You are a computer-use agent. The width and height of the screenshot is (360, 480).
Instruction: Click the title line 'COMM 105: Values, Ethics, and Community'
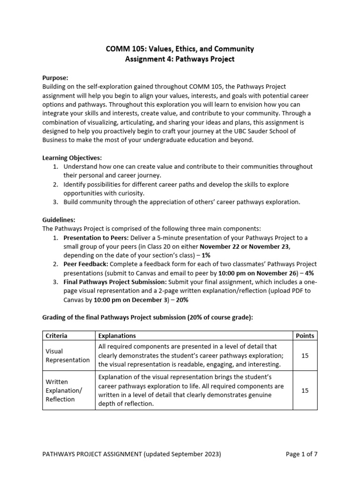coord(180,49)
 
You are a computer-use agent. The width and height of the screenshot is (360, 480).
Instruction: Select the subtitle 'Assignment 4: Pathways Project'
coord(180,59)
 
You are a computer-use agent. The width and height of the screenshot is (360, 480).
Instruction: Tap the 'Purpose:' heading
coord(55,78)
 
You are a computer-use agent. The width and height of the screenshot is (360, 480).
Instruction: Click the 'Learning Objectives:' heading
coord(72,158)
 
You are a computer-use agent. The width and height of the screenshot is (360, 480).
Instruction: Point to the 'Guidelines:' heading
coord(59,219)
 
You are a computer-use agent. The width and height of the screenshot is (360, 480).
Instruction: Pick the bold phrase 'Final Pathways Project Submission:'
coord(115,282)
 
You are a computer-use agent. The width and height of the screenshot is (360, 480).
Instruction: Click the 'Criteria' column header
coord(56,336)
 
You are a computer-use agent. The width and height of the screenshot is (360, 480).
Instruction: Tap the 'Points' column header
coord(305,336)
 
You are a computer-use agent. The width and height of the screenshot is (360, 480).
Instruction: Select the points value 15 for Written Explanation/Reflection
coord(305,390)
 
